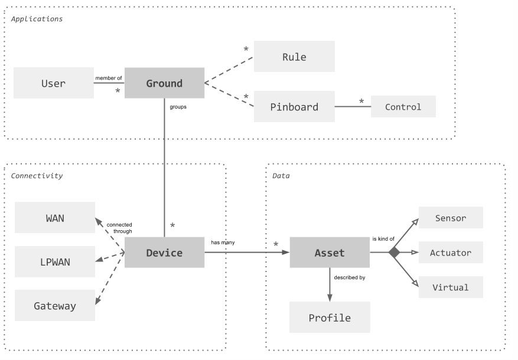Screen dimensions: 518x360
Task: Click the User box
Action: click(54, 83)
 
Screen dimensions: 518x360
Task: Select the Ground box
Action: click(165, 83)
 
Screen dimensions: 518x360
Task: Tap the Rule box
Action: click(294, 57)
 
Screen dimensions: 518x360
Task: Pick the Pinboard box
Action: click(294, 107)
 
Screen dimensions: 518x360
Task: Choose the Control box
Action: click(403, 107)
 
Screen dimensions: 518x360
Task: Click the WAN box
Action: click(55, 218)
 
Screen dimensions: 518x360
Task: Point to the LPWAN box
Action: click(55, 261)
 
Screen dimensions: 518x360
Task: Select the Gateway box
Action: click(55, 306)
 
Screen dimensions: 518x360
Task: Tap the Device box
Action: click(165, 253)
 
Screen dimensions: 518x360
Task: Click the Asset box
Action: click(330, 253)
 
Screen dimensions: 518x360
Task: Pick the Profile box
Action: click(330, 317)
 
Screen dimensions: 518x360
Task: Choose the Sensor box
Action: click(451, 217)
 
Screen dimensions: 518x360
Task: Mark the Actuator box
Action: click(451, 253)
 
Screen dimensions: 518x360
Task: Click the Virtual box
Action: click(451, 287)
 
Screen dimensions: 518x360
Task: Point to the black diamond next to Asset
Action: click(394, 253)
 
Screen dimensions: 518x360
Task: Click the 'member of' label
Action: click(108, 78)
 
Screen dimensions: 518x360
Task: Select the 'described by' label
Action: click(350, 277)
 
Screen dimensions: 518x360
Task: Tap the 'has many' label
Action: click(223, 243)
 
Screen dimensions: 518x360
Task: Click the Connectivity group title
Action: click(37, 176)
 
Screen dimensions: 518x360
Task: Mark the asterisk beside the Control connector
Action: click(361, 102)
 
